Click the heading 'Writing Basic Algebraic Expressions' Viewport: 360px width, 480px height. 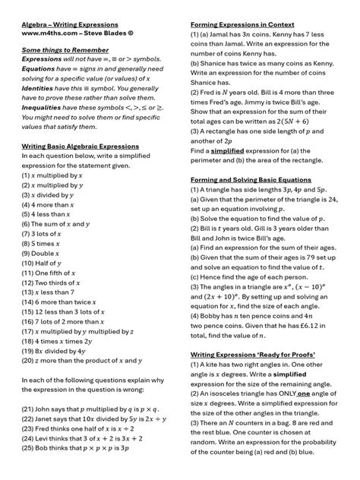pyautogui.click(x=80, y=147)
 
